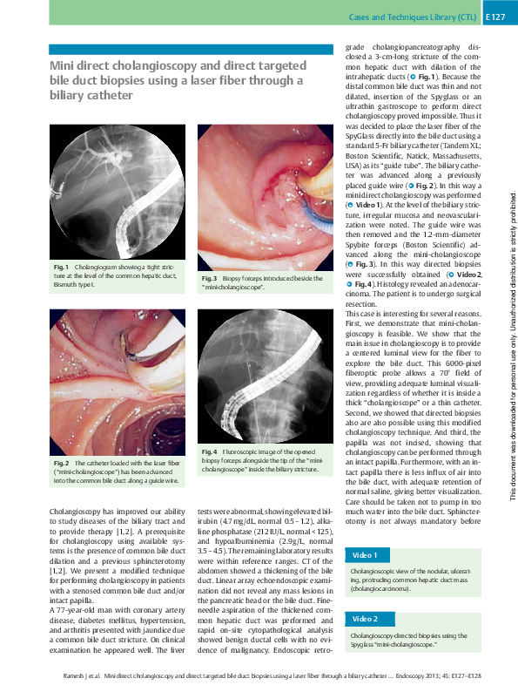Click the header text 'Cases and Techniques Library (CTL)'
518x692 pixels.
coord(412,16)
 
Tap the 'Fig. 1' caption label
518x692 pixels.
coord(61,266)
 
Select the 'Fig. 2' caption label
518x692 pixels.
coord(61,463)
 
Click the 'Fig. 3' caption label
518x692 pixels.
coord(210,278)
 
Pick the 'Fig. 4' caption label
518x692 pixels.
coord(209,451)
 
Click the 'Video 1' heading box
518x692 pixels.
coord(364,555)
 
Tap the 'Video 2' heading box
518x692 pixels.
coord(364,618)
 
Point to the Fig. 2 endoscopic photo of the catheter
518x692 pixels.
coord(117,383)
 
